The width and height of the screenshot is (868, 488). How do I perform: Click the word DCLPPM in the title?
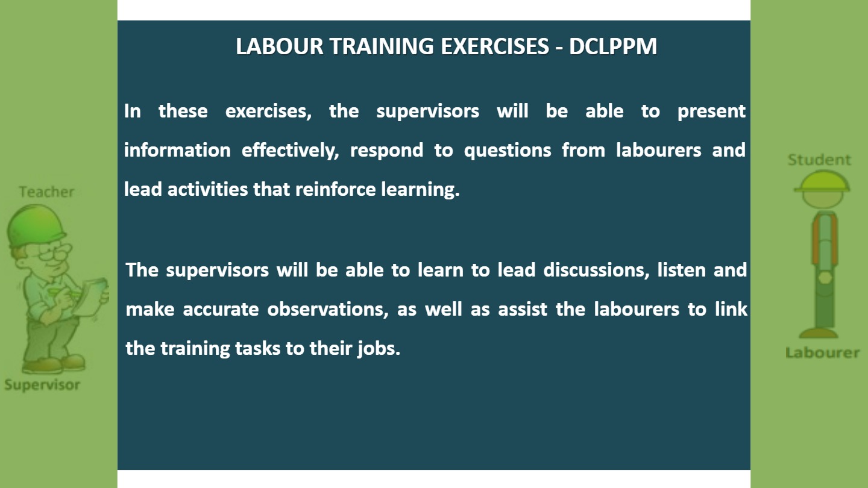point(613,46)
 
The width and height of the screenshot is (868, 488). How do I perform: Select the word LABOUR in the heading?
point(280,46)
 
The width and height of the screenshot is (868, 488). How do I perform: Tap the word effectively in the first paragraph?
point(291,150)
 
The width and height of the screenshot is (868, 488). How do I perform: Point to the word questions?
point(508,151)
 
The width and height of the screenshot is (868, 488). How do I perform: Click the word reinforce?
point(336,189)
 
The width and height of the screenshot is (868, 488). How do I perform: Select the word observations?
point(328,309)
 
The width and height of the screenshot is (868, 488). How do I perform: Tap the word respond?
point(387,151)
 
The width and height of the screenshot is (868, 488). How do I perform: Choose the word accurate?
point(221,310)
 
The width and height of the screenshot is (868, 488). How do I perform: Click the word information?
point(177,150)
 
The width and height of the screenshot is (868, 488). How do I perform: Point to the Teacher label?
point(46,192)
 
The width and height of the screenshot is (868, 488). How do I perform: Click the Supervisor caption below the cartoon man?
point(42,385)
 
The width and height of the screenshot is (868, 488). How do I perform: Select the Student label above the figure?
point(819,160)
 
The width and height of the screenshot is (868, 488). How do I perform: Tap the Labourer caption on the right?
point(823,352)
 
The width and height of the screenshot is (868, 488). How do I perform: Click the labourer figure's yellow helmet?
point(822,182)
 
